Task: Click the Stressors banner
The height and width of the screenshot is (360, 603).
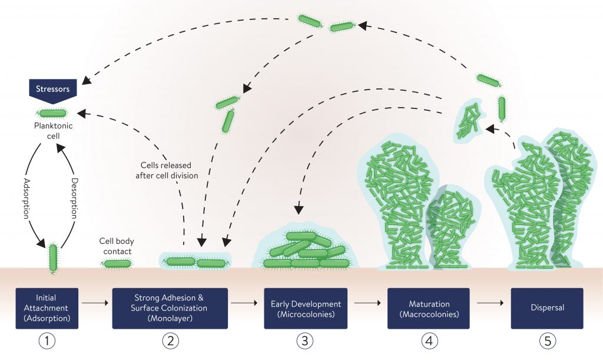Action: [x=52, y=89]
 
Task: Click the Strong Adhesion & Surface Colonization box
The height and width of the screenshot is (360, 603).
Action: [x=170, y=308]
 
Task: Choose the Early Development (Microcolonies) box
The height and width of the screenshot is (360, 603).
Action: [x=306, y=308]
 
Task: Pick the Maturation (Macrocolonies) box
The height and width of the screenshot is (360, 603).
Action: [x=428, y=308]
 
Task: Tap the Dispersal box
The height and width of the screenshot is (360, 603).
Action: [x=546, y=308]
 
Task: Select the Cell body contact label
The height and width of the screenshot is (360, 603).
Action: [x=115, y=246]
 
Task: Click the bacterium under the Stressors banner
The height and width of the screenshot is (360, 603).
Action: [x=53, y=113]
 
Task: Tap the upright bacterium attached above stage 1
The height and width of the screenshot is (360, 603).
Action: [x=54, y=257]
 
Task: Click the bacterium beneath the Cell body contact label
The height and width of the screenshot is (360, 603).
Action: [x=117, y=263]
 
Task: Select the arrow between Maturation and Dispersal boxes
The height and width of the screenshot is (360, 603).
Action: [x=490, y=304]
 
